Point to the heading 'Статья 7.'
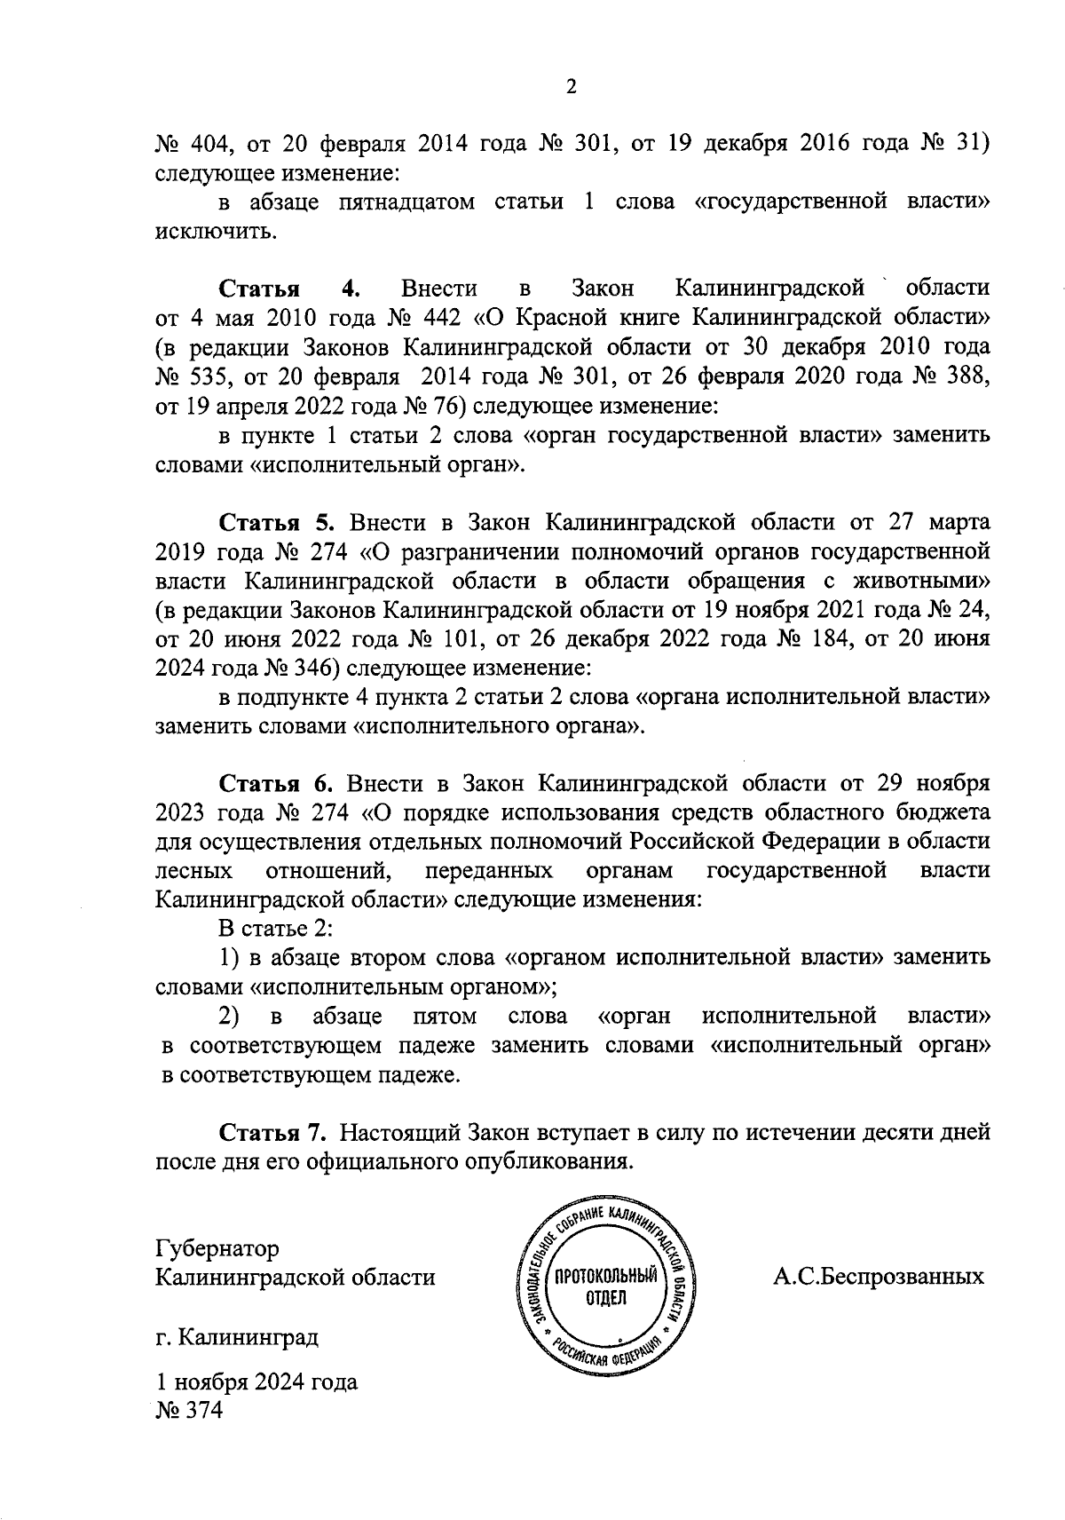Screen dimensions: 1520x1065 tap(273, 1133)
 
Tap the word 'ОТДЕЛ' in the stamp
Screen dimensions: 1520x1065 tap(606, 1300)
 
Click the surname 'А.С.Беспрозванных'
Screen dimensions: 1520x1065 tap(879, 1277)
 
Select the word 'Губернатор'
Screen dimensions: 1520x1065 tap(217, 1248)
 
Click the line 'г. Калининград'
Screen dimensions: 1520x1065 tap(236, 1336)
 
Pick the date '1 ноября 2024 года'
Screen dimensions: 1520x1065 tap(256, 1381)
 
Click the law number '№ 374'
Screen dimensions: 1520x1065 tap(188, 1410)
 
